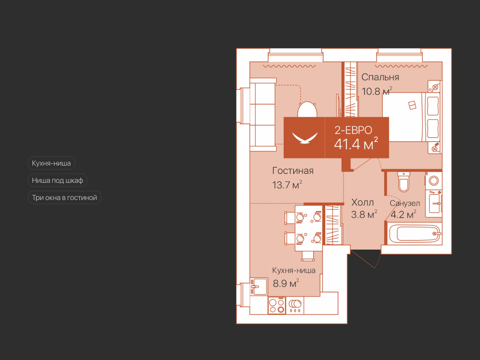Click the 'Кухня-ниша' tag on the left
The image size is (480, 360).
[x=51, y=163]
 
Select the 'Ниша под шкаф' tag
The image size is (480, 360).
[x=58, y=180]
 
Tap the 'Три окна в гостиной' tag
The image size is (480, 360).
[x=64, y=198]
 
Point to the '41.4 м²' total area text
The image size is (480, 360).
[x=356, y=144]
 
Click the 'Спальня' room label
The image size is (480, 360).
[x=380, y=77]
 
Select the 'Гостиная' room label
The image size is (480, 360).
[x=293, y=171]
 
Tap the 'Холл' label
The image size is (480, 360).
[x=362, y=202]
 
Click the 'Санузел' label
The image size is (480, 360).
[x=405, y=203]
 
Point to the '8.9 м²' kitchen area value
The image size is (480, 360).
[x=286, y=283]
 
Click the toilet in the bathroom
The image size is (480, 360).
[x=404, y=182]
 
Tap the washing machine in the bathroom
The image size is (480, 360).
[x=434, y=181]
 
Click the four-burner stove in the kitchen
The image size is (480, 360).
[x=277, y=306]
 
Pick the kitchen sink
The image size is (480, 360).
[x=259, y=286]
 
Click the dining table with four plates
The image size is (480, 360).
[x=308, y=228]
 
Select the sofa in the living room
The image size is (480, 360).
[x=263, y=114]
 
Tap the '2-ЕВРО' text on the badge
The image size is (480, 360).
[x=353, y=130]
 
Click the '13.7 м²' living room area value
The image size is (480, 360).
[x=287, y=185]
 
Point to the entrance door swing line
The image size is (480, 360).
[x=363, y=259]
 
